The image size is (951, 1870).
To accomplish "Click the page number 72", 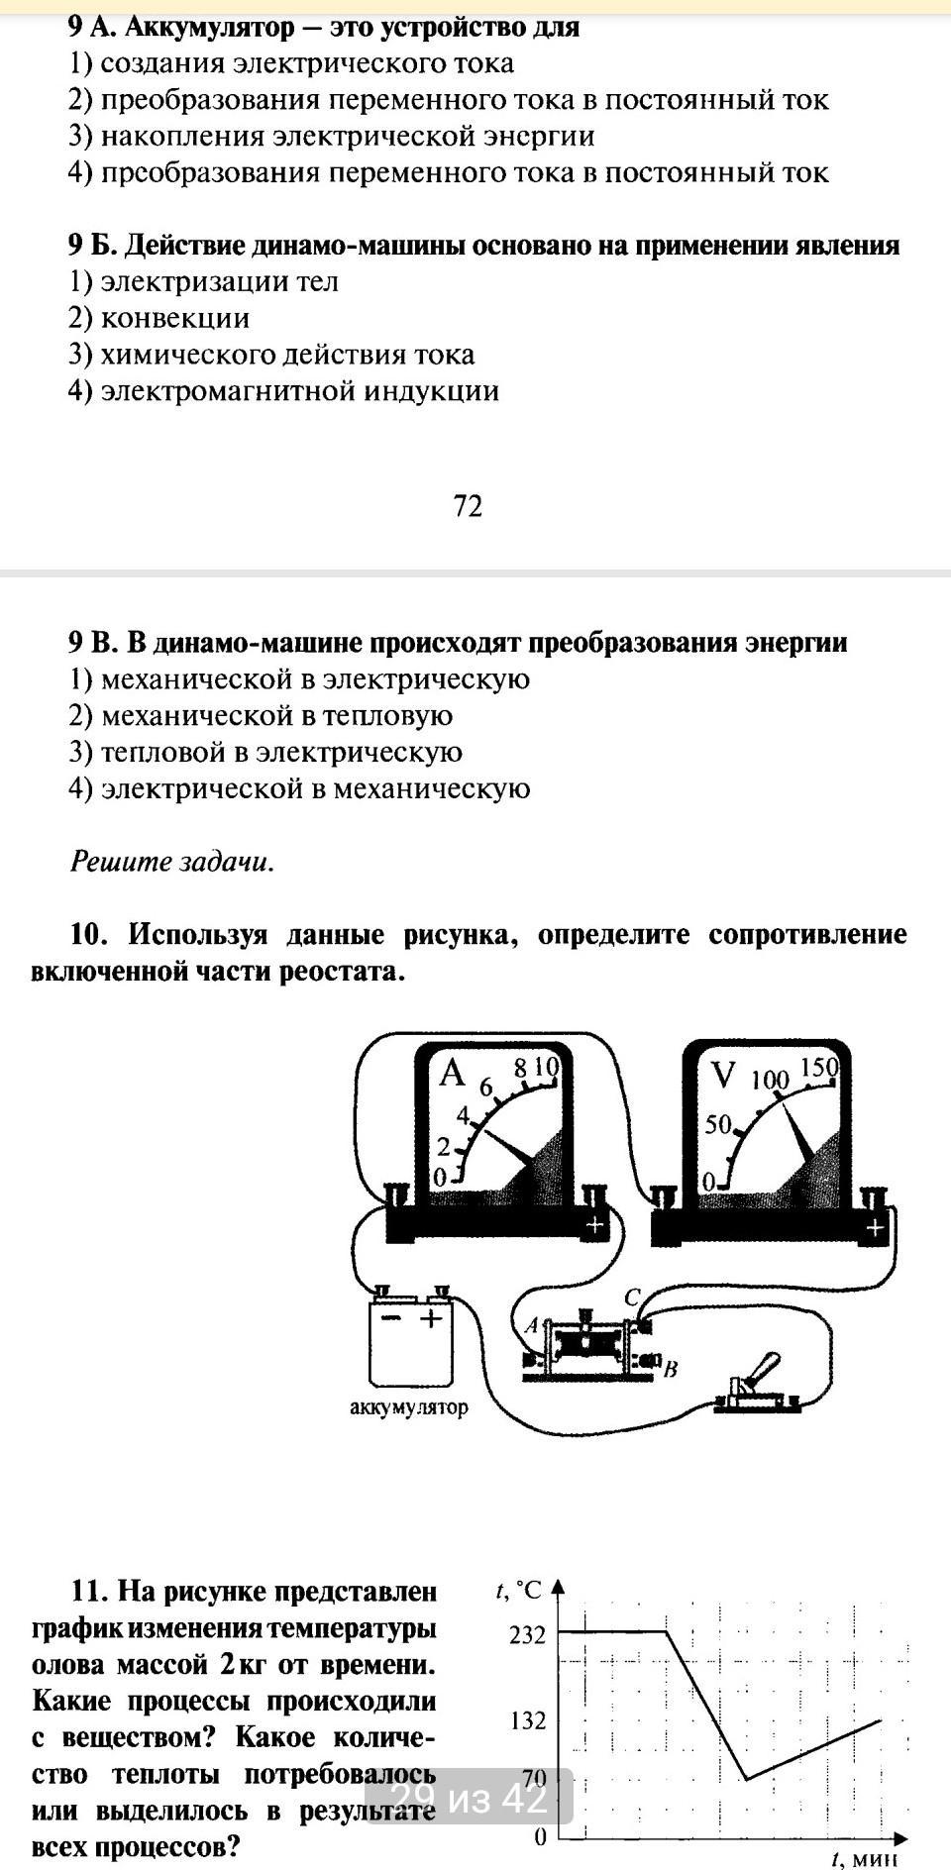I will (x=468, y=506).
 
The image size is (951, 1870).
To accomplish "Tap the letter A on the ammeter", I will (x=452, y=1073).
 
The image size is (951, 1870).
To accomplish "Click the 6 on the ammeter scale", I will (x=485, y=1088).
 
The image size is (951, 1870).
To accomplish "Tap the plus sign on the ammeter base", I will (x=593, y=1225).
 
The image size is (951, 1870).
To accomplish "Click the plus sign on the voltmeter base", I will (x=875, y=1228).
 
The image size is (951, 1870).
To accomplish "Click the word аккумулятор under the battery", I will (x=409, y=1406).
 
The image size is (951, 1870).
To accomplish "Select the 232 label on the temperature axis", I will (x=527, y=1635).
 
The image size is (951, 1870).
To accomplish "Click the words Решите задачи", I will (x=171, y=862).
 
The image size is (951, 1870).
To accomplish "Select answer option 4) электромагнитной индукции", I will (x=283, y=391).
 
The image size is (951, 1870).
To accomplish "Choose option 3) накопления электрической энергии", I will (x=331, y=136).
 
